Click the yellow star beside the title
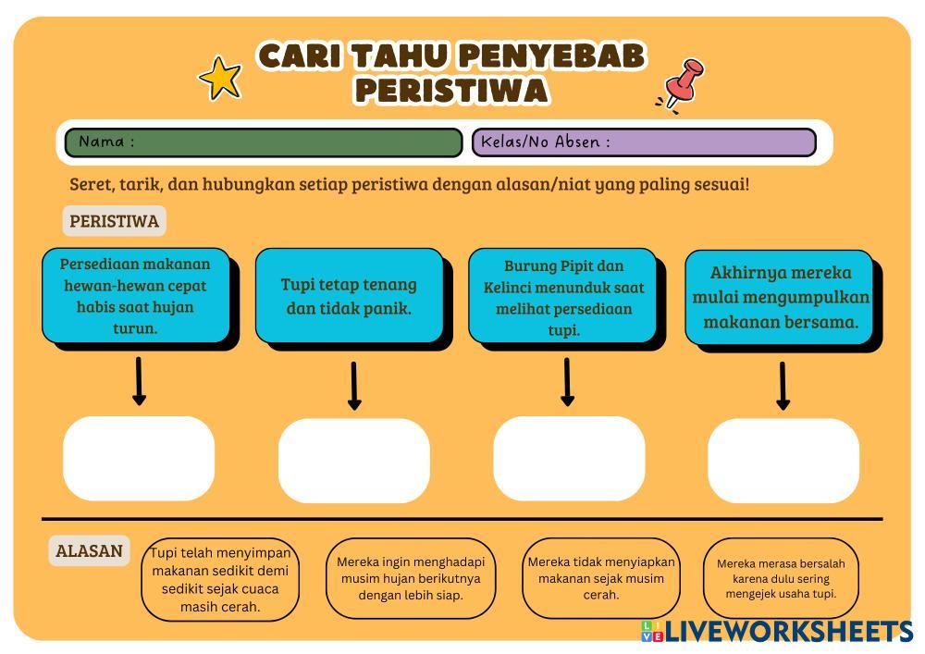(x=221, y=79)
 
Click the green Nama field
(x=264, y=142)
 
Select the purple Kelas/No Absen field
(x=645, y=142)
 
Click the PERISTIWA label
(x=114, y=221)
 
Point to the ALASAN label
(x=89, y=551)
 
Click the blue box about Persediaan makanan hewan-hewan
(x=135, y=296)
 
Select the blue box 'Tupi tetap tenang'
(x=349, y=296)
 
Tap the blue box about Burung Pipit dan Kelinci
(x=563, y=296)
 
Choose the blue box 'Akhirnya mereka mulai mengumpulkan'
(x=780, y=298)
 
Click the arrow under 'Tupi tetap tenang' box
(x=354, y=387)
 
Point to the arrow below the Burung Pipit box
(x=567, y=382)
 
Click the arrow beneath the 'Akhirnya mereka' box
(x=783, y=386)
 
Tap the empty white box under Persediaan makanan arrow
(x=139, y=459)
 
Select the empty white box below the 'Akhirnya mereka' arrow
(x=783, y=461)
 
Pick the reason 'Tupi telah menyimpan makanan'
(x=220, y=580)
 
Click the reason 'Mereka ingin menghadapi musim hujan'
(x=411, y=578)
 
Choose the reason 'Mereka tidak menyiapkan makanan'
(x=601, y=578)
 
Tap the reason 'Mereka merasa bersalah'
(x=781, y=578)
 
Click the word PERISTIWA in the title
(x=451, y=91)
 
